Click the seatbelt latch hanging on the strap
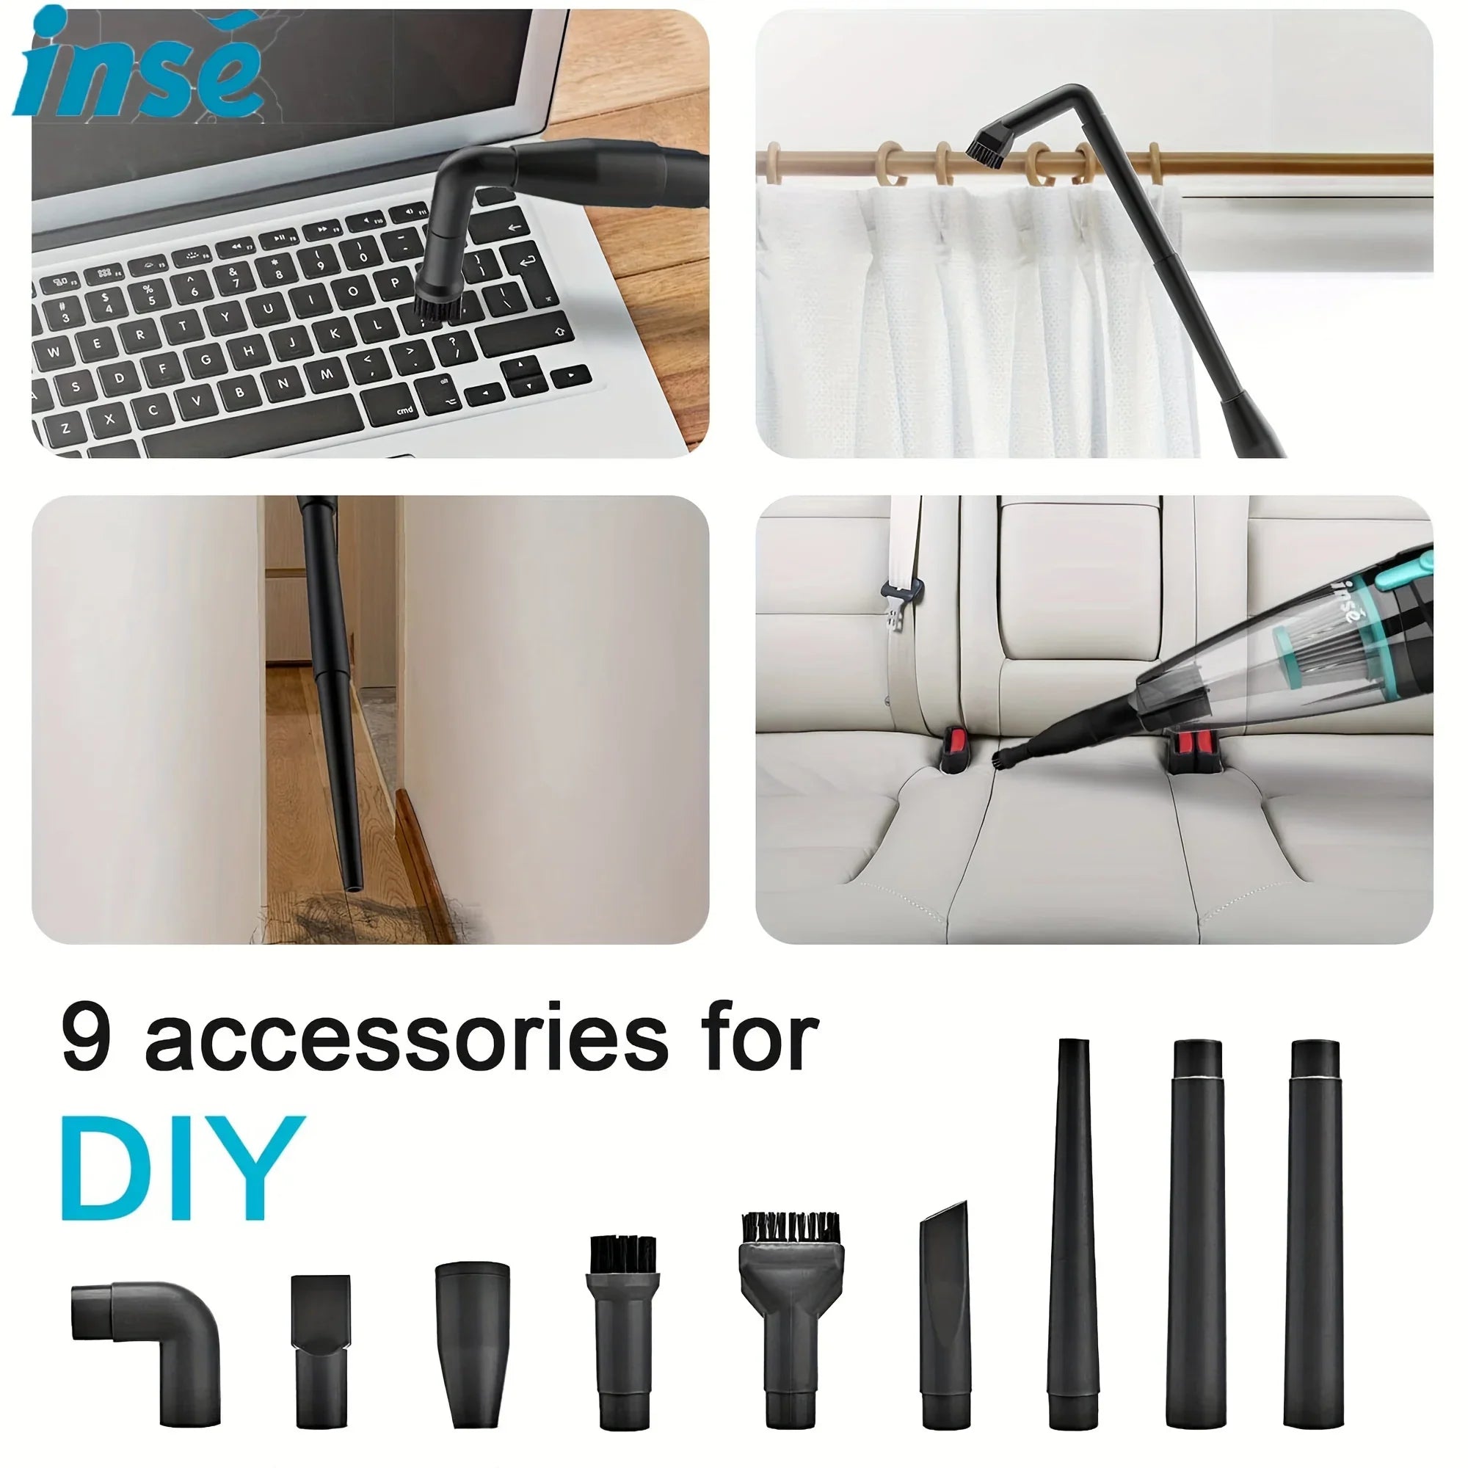tap(902, 600)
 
